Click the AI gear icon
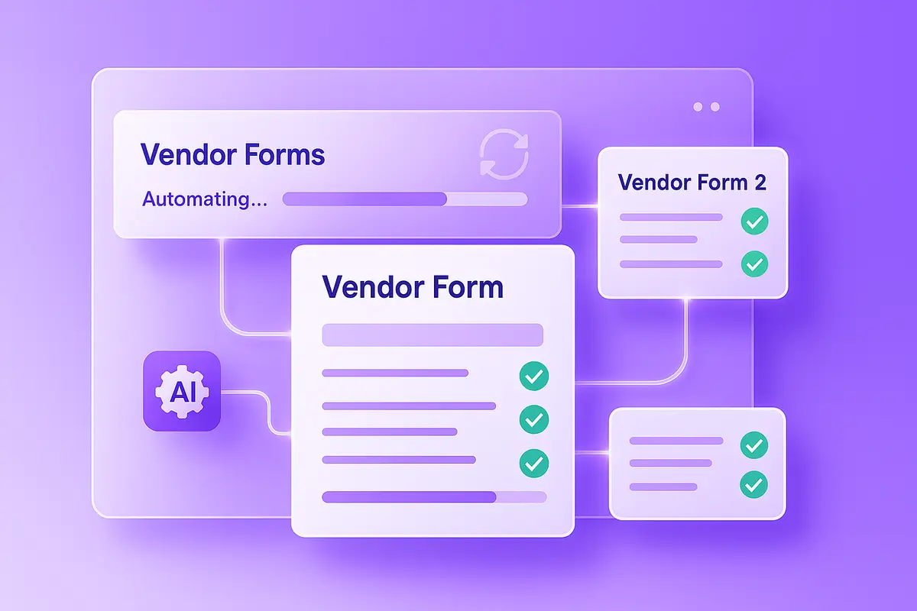[182, 391]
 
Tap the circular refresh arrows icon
[502, 154]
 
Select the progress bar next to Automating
[404, 199]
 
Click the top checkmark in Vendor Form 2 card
[754, 222]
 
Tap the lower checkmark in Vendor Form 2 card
[754, 264]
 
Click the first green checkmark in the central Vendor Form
[533, 374]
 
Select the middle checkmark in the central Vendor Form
[533, 418]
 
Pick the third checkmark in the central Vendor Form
[533, 461]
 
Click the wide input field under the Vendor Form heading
[433, 335]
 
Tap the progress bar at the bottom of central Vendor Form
[434, 496]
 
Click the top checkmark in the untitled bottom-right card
[754, 443]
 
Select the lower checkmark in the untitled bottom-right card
[754, 484]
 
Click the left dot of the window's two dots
[698, 107]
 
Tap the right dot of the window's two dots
[715, 107]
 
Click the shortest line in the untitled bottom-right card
[663, 487]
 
